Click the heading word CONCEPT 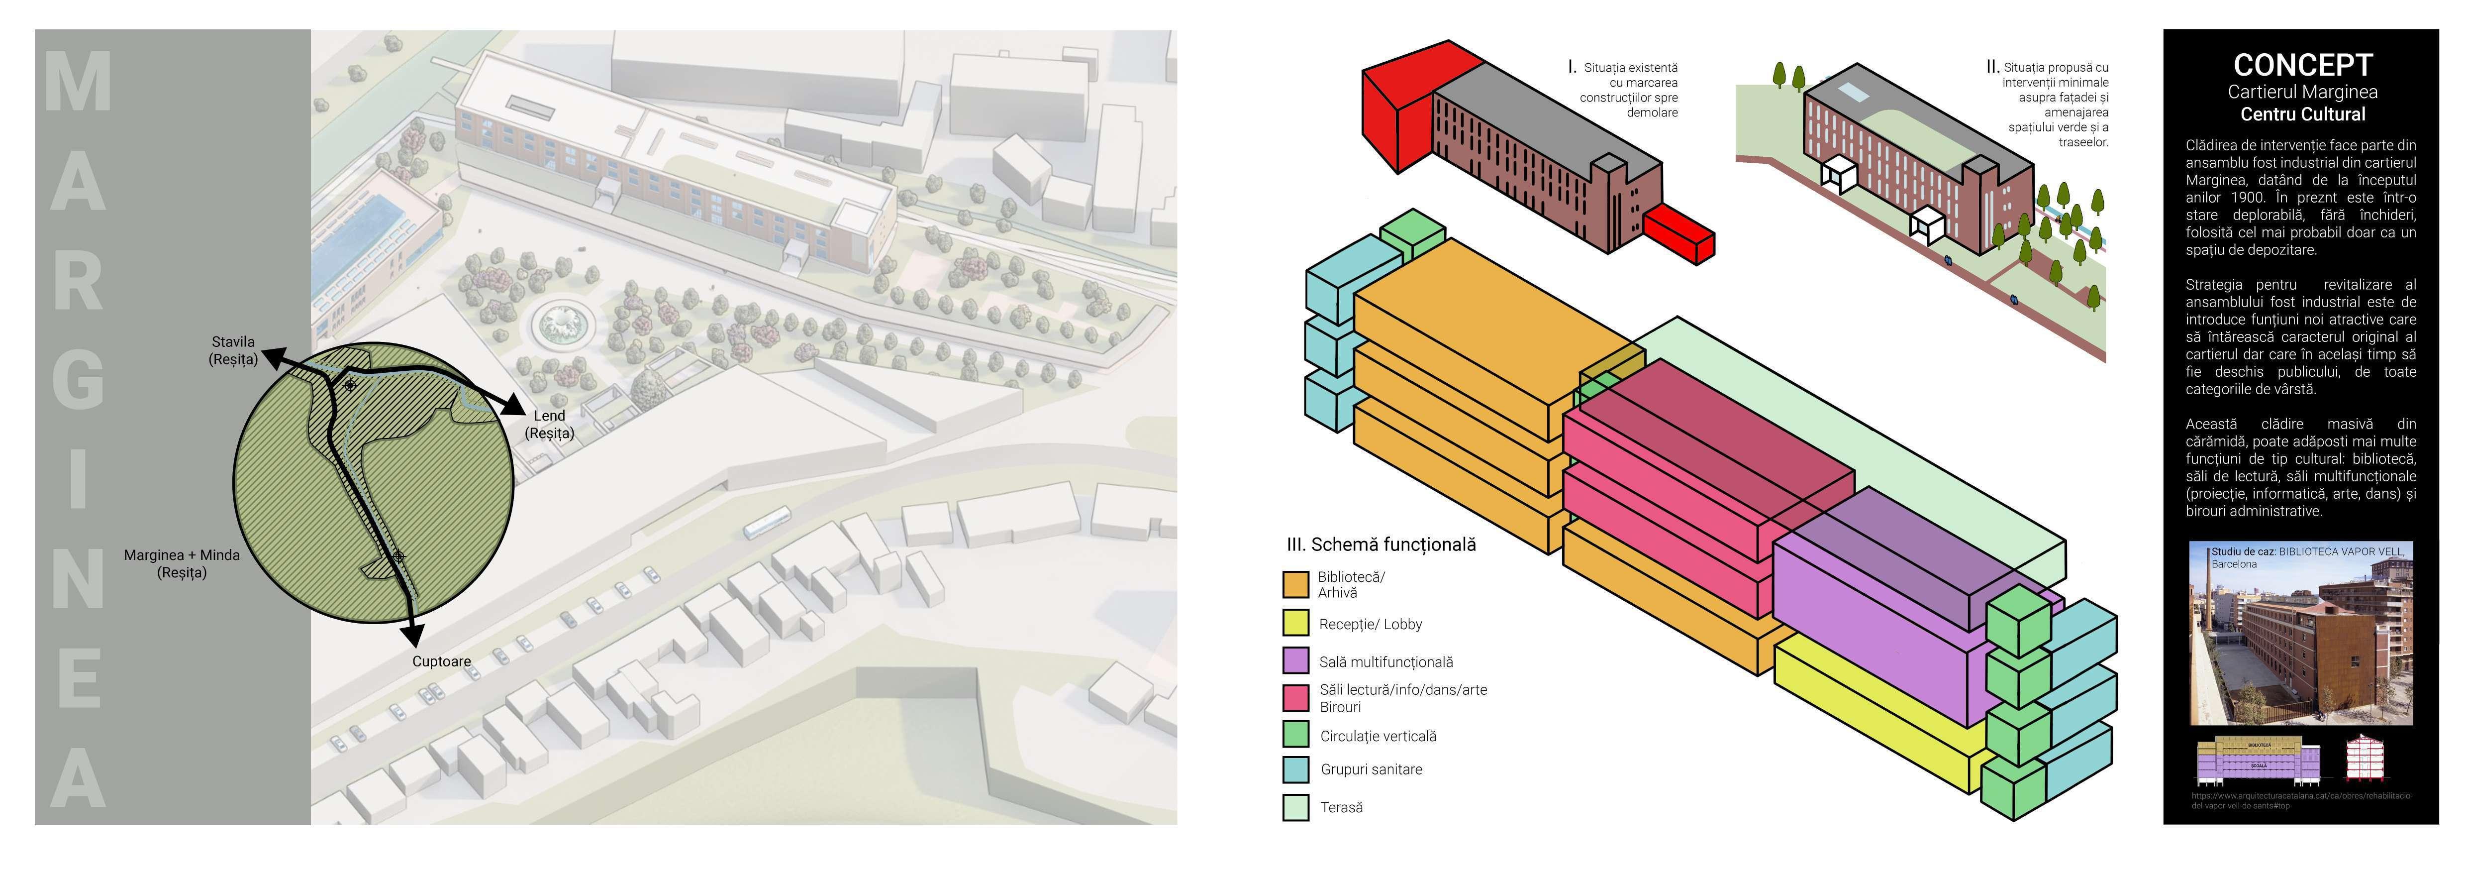click(x=2302, y=65)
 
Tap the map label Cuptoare click(x=442, y=661)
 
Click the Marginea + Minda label click(x=182, y=563)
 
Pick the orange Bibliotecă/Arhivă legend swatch click(x=1295, y=584)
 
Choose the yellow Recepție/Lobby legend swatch click(x=1295, y=623)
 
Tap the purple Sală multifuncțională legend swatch click(x=1295, y=660)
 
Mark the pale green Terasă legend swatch click(x=1295, y=807)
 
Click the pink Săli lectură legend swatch click(x=1295, y=697)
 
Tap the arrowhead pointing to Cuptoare click(x=415, y=635)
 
